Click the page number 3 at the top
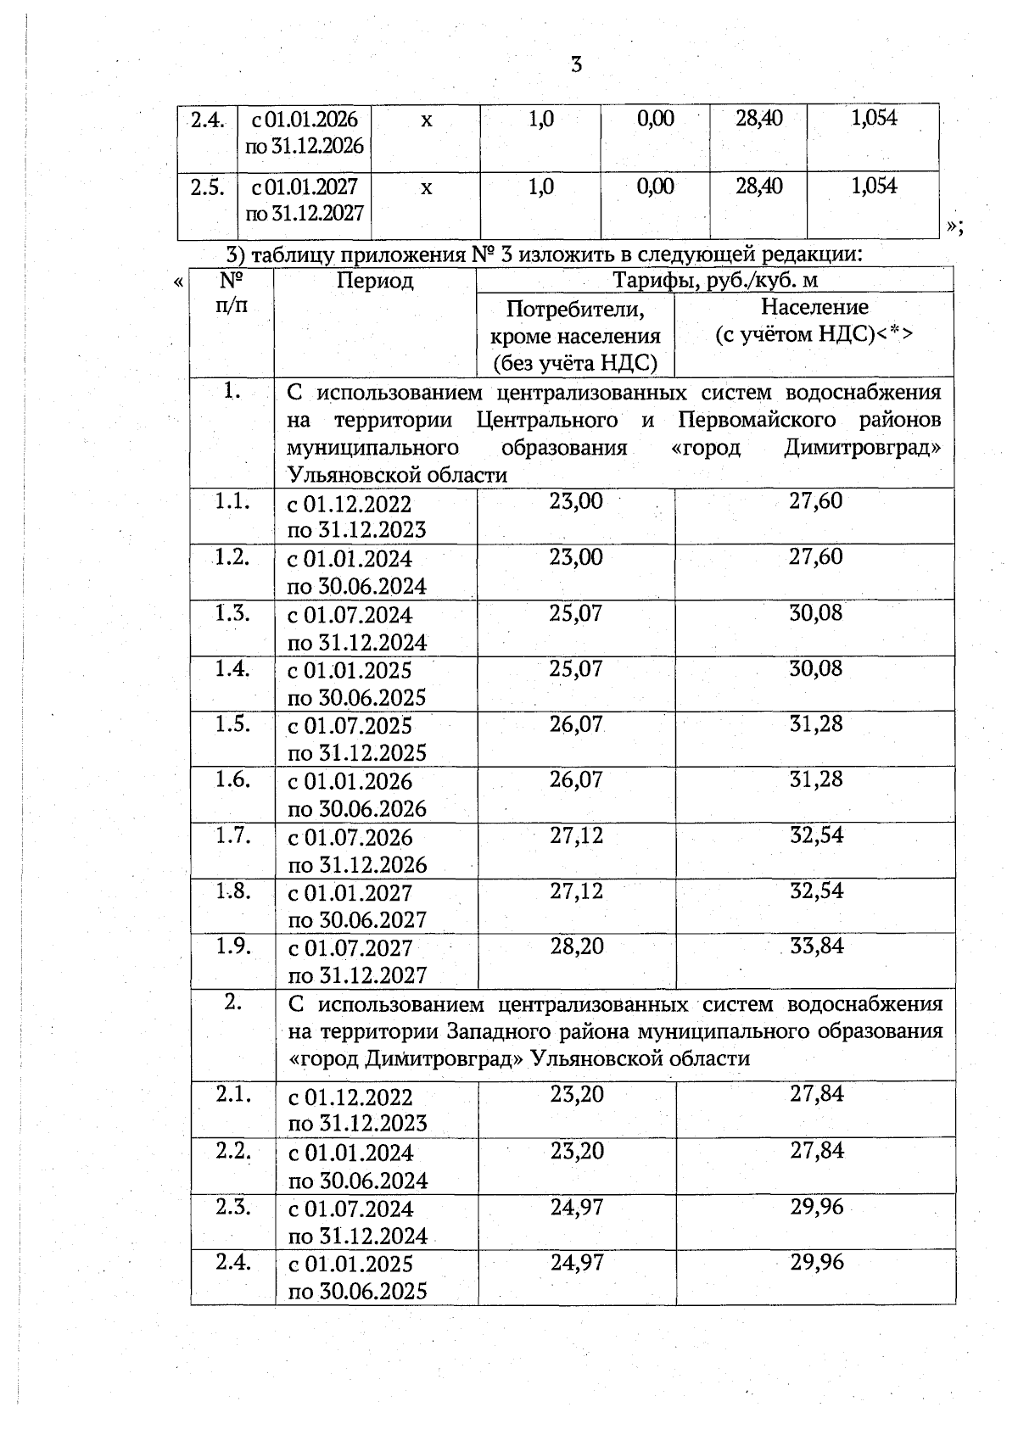576,64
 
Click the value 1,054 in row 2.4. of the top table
874,118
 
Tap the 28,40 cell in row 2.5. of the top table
759,186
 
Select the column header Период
375,281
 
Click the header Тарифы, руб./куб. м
715,280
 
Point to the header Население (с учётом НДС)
814,320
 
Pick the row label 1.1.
232,501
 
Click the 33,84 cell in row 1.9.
817,946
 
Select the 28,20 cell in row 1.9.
577,946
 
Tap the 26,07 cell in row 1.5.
576,724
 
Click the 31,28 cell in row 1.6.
816,779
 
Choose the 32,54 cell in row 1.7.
817,835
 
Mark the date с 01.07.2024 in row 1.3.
350,615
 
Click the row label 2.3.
232,1206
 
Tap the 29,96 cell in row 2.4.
817,1262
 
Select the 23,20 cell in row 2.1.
577,1094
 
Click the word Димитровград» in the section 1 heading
863,447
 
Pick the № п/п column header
232,293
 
